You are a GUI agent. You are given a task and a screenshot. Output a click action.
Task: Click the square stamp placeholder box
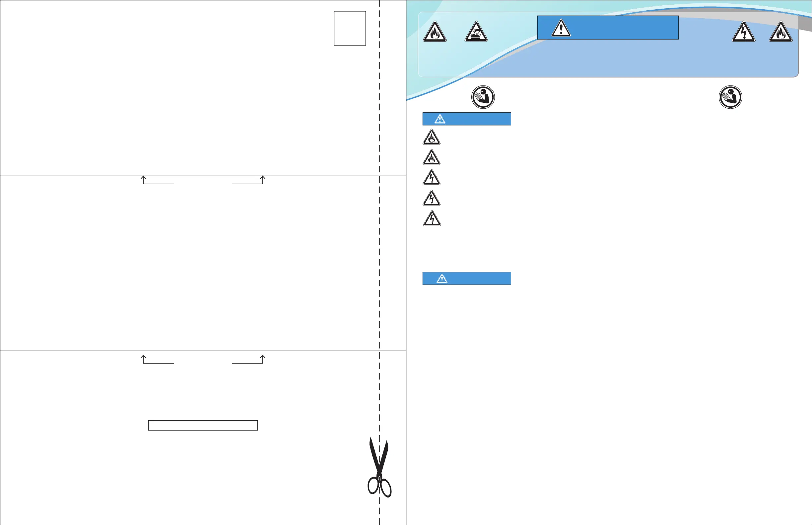coord(350,28)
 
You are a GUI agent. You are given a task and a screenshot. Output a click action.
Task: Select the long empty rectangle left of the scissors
coord(203,425)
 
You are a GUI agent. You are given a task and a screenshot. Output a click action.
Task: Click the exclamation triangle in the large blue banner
coord(561,28)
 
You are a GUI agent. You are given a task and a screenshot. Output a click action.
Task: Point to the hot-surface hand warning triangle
coord(476,32)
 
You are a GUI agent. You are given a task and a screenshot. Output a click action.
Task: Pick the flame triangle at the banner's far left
coord(435,32)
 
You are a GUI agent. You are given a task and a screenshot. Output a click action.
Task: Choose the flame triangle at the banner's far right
coord(780,32)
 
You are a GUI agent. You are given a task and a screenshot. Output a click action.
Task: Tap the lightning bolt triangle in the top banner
coord(743,32)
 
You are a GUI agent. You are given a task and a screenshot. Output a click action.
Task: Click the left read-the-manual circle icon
coord(483,97)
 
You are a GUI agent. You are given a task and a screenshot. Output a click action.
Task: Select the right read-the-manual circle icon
coord(730,97)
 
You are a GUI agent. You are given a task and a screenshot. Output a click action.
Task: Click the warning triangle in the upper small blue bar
coord(440,119)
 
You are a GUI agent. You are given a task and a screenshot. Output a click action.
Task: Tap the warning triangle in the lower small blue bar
coord(442,278)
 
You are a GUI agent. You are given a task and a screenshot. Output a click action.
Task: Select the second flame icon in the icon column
coord(431,158)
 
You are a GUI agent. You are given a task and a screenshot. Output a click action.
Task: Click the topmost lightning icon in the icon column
coord(431,178)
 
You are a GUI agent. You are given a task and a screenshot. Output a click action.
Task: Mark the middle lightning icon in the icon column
coord(431,199)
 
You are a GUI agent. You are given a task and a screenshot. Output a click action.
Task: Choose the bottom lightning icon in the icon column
coord(432,219)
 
